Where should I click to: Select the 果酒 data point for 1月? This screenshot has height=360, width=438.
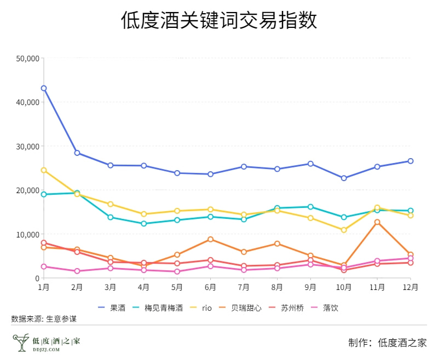point(44,88)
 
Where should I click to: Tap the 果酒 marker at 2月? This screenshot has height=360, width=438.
point(77,153)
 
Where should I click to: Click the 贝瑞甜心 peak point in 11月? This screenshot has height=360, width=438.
point(377,222)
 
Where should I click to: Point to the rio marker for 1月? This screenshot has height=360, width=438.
point(44,170)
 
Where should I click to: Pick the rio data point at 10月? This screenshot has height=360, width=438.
point(344,230)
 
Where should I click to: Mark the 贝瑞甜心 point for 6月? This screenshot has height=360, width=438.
point(211,239)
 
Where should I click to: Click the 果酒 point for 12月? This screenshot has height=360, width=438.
point(411,161)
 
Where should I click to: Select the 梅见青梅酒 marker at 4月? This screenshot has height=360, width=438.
point(144,224)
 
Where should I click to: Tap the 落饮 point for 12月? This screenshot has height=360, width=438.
point(411,258)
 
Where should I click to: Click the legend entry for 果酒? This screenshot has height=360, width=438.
point(112,308)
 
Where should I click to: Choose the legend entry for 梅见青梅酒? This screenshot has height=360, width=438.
point(158,308)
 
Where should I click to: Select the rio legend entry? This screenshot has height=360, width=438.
point(200,308)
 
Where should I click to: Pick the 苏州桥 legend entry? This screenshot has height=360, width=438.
point(286,308)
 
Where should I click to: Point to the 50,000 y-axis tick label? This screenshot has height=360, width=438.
point(27,58)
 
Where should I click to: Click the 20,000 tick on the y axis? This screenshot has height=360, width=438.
point(27,190)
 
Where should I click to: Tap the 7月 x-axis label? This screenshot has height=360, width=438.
point(244,287)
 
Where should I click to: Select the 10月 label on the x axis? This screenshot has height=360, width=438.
point(343,287)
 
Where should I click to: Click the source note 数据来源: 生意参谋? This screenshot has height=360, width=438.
point(44,318)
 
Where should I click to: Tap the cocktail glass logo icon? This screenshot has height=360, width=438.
point(21,342)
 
